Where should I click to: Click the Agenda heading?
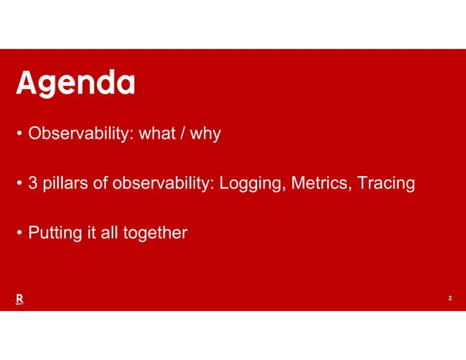[76, 84]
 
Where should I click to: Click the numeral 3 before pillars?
[33, 183]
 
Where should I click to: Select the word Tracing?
[386, 184]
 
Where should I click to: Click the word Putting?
[53, 234]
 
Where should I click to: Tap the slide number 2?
[450, 299]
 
